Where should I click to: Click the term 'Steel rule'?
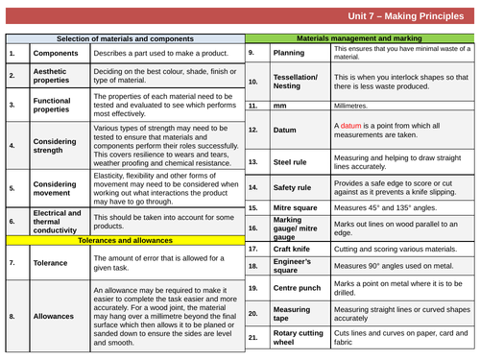click(291, 162)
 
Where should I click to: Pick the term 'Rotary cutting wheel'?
click(300, 338)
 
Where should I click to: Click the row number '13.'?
click(253, 162)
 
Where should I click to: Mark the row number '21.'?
click(253, 338)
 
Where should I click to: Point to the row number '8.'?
click(12, 315)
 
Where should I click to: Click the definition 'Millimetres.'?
click(353, 106)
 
